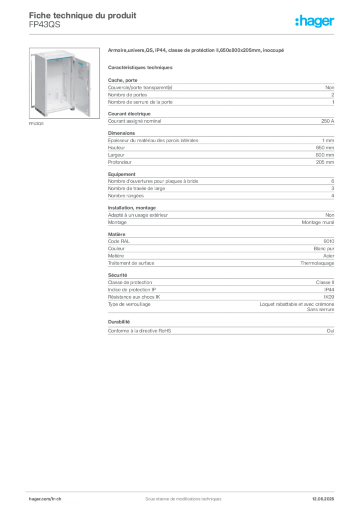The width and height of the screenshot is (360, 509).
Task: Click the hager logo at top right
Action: pos(315,21)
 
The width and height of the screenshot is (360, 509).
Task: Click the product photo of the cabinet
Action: pos(64,83)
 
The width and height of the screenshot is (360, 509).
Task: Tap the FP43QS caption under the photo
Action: pos(36,124)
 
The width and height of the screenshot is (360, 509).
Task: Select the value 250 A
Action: pos(328,121)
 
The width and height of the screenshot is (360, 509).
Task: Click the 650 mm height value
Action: pos(325,147)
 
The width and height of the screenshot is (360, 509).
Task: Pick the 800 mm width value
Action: pos(325,155)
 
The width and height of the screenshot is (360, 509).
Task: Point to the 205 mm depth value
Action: pos(325,162)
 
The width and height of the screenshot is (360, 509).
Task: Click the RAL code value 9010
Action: pos(329,241)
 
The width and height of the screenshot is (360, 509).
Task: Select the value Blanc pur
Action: pos(324,249)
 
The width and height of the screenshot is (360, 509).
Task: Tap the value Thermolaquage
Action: pos(317,263)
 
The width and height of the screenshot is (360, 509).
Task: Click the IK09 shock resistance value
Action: pos(329,297)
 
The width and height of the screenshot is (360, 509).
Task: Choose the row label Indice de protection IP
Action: pos(132,290)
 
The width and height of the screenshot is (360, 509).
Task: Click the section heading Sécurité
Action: pos(117,275)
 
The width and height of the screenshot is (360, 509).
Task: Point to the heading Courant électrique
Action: pos(129,114)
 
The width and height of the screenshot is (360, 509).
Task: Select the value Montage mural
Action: pos(318,222)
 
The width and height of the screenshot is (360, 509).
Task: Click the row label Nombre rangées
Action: pos(126,196)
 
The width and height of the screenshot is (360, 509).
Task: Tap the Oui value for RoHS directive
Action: pos(331,331)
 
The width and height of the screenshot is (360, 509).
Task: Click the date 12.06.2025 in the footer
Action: pos(323,499)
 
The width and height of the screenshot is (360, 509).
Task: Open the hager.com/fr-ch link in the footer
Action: pos(45,499)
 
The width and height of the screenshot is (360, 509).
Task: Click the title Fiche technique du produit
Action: pos(83,15)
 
